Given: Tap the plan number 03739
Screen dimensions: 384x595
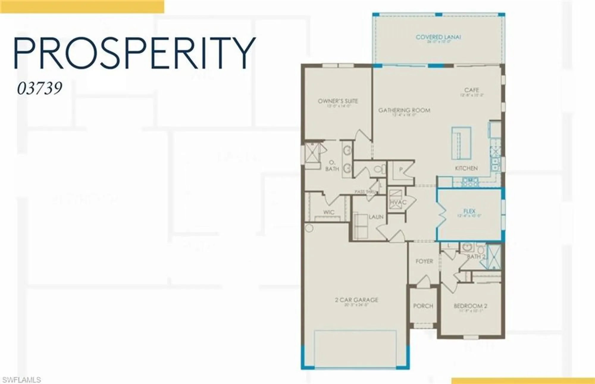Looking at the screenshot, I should coord(40,88).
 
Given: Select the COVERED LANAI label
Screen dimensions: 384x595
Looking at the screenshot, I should coord(438,37).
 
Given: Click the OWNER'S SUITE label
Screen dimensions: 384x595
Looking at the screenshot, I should coord(338,101).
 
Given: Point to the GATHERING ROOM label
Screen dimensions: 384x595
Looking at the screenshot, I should coord(404,110).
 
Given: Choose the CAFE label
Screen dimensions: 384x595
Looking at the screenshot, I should coord(472,90).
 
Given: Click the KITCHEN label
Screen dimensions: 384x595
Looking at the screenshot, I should coord(466,168).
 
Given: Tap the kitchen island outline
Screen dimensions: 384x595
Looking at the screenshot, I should coord(461,143).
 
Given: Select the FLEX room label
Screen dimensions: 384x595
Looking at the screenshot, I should coord(469,211).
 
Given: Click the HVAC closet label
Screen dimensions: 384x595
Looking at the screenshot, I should coord(398,202).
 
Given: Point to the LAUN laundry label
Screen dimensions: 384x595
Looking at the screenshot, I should coord(376,217).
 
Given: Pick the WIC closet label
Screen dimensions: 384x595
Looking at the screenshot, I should coord(329,212).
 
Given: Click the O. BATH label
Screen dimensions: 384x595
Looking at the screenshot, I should coord(332,166).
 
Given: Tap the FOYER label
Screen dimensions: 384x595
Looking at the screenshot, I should coord(424,261).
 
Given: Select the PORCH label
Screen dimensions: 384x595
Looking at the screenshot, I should coord(423,306).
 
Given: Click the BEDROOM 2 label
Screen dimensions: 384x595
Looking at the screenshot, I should coord(470,306).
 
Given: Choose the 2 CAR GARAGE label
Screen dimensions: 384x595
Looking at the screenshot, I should coord(356,300).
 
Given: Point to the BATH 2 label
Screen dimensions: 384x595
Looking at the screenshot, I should coord(476,256).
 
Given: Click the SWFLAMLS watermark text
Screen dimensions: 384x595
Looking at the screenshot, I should coord(21,380).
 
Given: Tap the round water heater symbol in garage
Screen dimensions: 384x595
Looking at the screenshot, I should coord(309,228).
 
